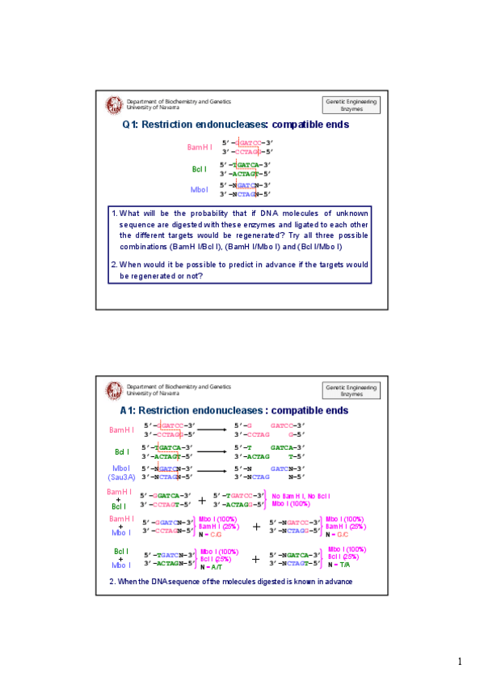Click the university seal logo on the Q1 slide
[x=114, y=104]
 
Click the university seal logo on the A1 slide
[x=114, y=390]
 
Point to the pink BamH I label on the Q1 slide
[x=200, y=147]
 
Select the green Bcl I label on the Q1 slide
[x=200, y=169]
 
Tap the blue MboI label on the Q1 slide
[x=199, y=190]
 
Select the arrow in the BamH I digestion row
[x=212, y=430]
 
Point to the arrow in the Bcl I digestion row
[x=212, y=451]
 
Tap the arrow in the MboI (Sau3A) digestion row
[x=212, y=472]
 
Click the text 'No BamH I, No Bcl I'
[x=300, y=496]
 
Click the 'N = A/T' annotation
[x=212, y=567]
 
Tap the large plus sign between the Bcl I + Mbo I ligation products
[x=256, y=559]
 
